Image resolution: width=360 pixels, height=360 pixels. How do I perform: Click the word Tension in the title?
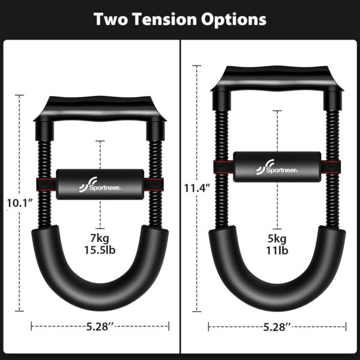(166, 19)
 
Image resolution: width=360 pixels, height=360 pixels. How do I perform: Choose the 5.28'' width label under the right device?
(277, 326)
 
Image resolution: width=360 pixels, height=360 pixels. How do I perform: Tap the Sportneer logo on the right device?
(277, 166)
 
